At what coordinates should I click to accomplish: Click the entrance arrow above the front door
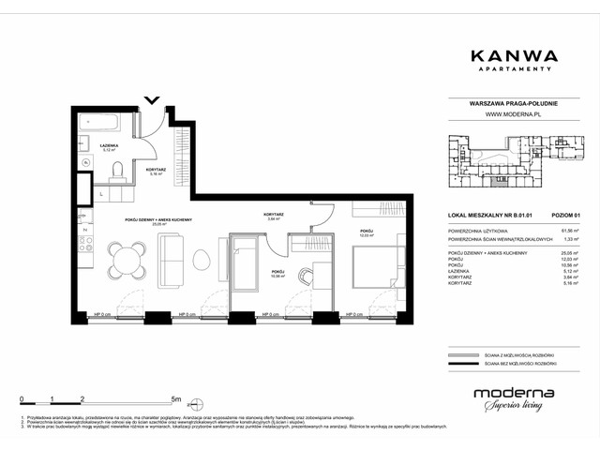(153, 99)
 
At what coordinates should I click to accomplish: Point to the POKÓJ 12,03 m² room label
(367, 232)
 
